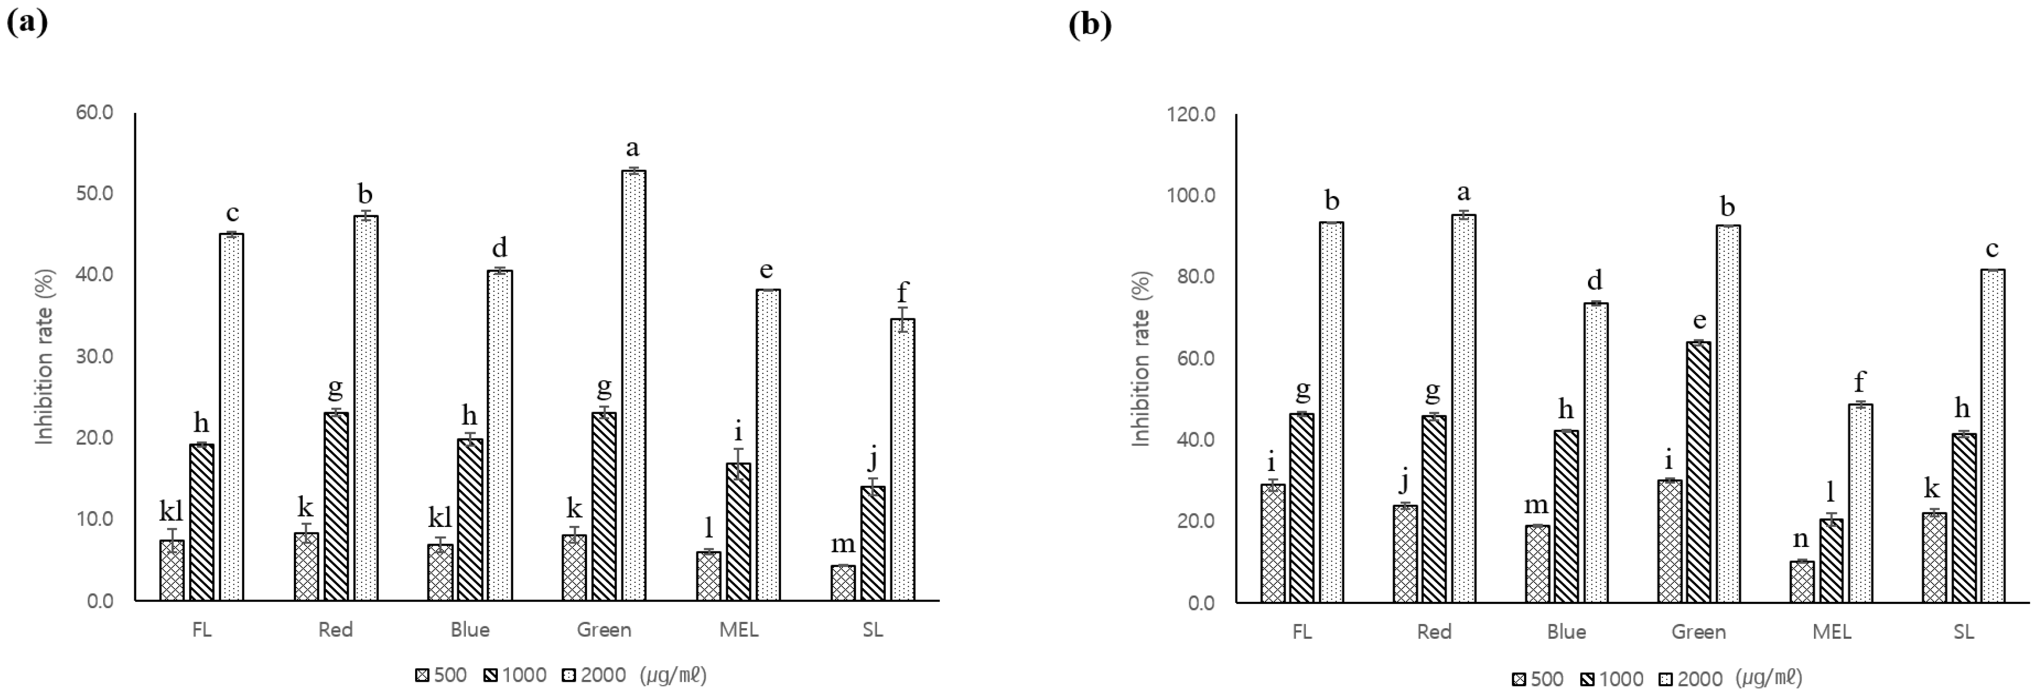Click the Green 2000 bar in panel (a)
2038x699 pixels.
634,385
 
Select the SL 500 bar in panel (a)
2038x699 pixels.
843,583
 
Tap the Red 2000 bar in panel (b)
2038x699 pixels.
1463,408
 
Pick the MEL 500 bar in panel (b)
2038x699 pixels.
1802,582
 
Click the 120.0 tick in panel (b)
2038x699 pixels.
1191,115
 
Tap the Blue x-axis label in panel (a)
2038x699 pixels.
470,630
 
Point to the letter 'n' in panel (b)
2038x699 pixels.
1801,539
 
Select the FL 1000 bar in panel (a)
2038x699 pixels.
202,523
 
